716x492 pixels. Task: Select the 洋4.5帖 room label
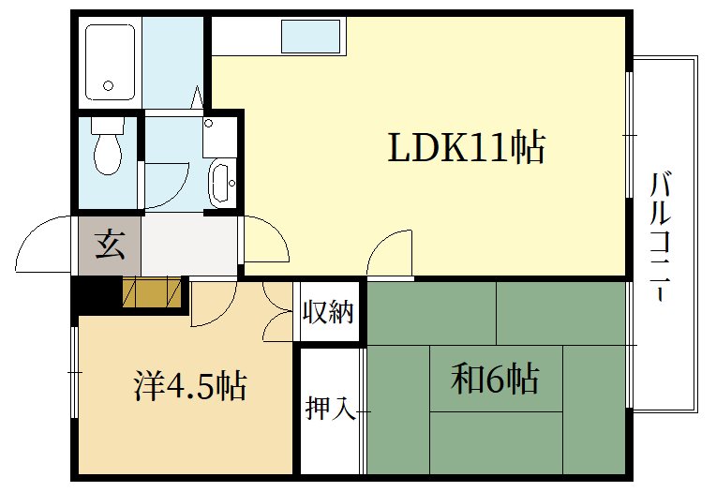pyautogui.click(x=189, y=384)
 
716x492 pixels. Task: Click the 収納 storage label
pyautogui.click(x=329, y=312)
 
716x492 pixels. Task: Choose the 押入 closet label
pyautogui.click(x=329, y=409)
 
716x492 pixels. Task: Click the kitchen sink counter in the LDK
pyautogui.click(x=312, y=37)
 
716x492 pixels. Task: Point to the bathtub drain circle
pyautogui.click(x=109, y=85)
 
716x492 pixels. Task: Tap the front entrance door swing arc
pyautogui.click(x=42, y=246)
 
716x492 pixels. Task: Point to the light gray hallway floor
pyautogui.click(x=187, y=246)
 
